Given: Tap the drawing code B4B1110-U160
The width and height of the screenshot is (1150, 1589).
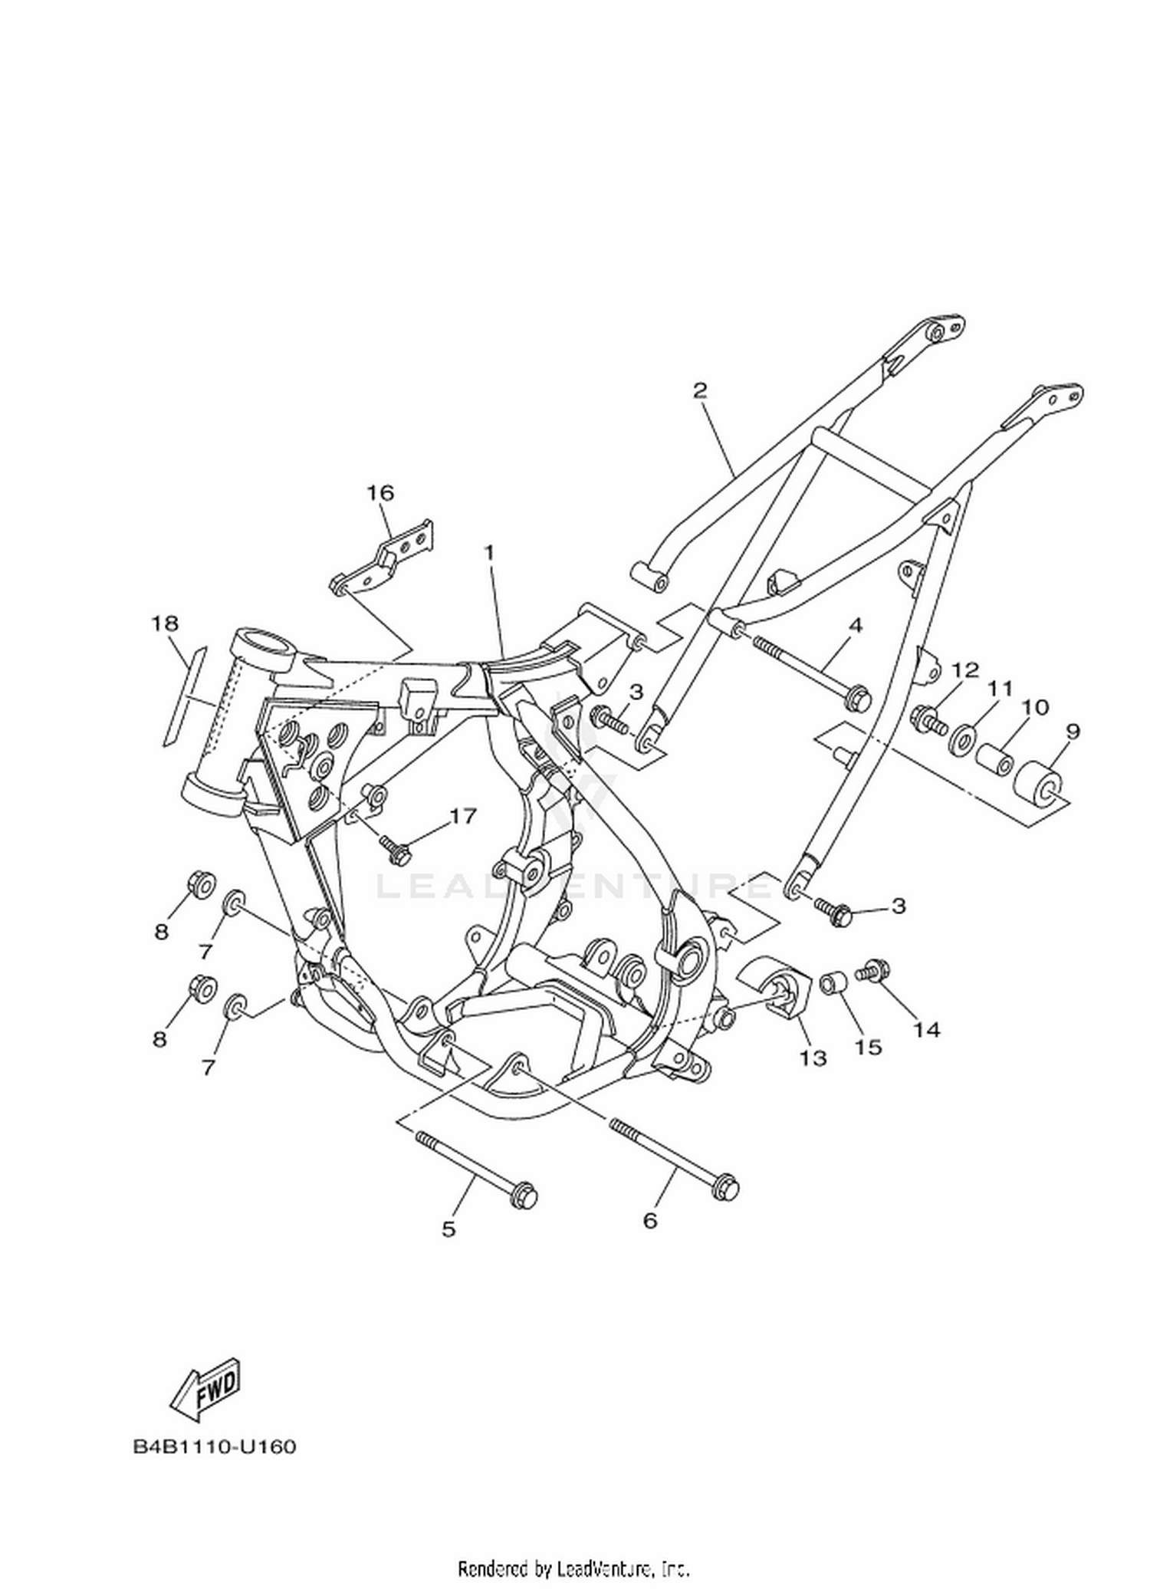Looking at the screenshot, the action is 215,1446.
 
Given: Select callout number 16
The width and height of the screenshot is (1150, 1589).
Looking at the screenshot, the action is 380,492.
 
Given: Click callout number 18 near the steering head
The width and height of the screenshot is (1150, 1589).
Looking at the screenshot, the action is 165,623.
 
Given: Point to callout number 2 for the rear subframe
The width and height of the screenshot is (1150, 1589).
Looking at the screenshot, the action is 700,390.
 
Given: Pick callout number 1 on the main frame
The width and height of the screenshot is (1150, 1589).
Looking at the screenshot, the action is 488,552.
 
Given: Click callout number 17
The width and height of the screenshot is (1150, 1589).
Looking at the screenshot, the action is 463,816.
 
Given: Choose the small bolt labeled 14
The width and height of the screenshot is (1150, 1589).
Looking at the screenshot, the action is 875,970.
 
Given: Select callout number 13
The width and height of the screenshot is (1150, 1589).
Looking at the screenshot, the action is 813,1058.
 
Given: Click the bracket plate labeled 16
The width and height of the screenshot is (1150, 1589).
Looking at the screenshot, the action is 383,559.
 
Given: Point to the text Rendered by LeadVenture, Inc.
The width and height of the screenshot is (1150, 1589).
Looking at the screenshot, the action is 574,1568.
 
